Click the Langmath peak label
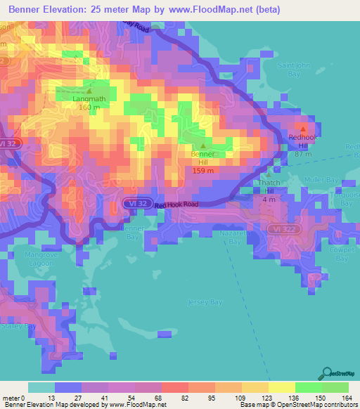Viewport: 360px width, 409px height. pos(89,99)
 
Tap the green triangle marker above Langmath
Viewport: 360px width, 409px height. pos(89,90)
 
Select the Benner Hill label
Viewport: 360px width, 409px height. pos(203,157)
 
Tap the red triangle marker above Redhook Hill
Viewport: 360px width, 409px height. pos(303,129)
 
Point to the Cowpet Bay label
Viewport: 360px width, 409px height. pos(342,254)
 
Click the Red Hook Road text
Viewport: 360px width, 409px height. pos(176,204)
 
